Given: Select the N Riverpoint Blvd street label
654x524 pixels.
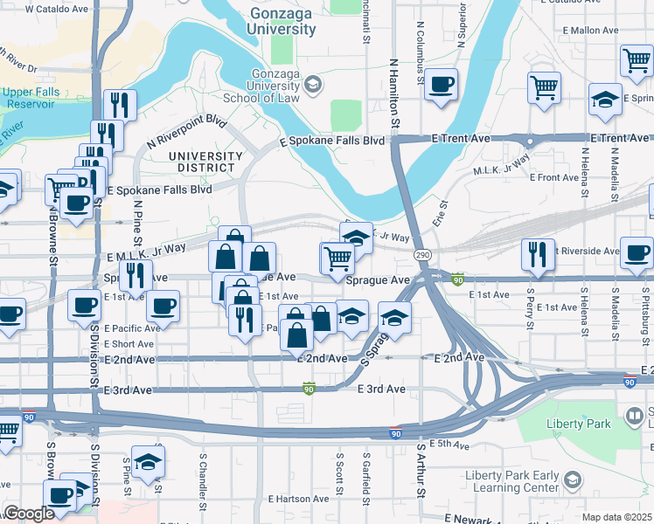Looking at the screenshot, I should (x=186, y=131).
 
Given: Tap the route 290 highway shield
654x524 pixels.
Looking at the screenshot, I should (x=422, y=254).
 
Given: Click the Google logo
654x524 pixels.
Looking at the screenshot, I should (x=29, y=514).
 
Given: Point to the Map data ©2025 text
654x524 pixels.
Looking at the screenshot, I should (x=616, y=517).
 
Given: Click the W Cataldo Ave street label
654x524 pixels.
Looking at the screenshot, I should (x=57, y=9).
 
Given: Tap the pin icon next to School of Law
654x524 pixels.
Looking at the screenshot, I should (x=313, y=84).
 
